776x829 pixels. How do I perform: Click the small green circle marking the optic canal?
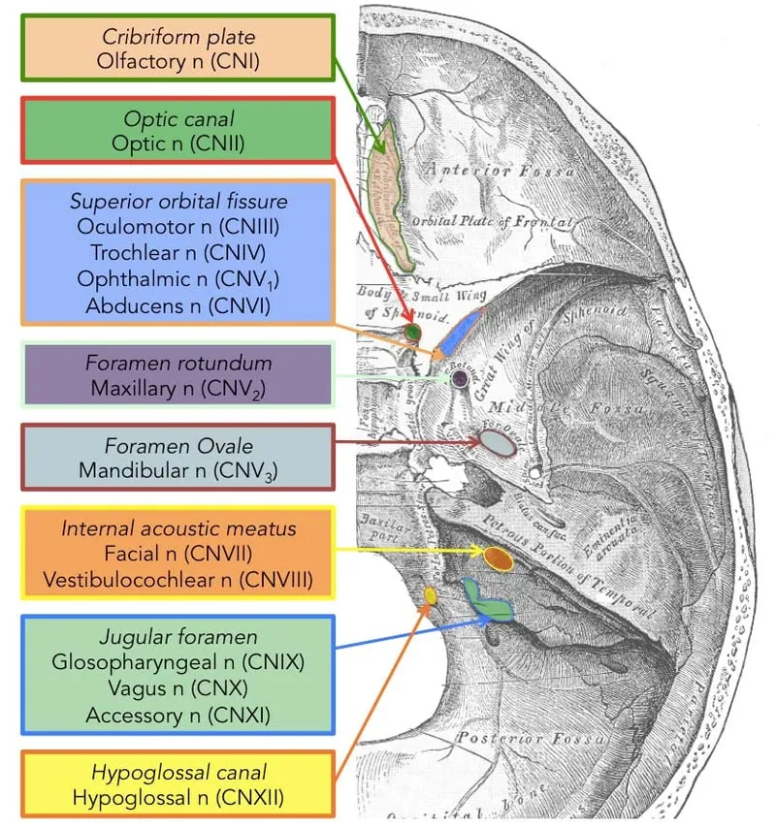point(412,333)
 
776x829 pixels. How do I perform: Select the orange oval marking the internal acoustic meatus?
point(498,558)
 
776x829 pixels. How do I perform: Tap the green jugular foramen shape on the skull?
point(487,601)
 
